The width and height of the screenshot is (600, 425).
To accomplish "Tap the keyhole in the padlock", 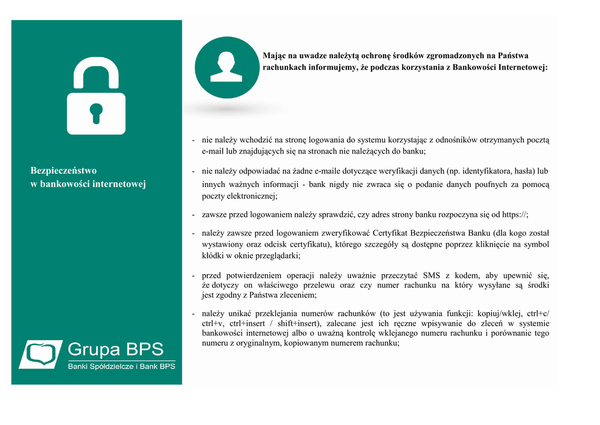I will click(x=96, y=112).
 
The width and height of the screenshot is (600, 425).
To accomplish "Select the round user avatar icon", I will click(x=226, y=67).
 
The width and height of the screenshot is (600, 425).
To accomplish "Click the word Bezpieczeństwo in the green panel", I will click(x=63, y=171).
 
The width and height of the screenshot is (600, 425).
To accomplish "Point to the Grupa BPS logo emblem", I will click(x=41, y=354).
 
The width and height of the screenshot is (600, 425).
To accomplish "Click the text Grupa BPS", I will click(x=115, y=349).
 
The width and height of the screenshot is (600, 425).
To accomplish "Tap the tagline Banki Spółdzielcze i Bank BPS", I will click(x=121, y=367).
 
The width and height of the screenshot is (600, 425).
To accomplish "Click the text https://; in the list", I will click(x=516, y=215).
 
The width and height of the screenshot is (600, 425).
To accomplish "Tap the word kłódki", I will click(x=214, y=256).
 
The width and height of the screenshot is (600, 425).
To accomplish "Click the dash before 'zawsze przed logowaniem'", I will click(x=193, y=215).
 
